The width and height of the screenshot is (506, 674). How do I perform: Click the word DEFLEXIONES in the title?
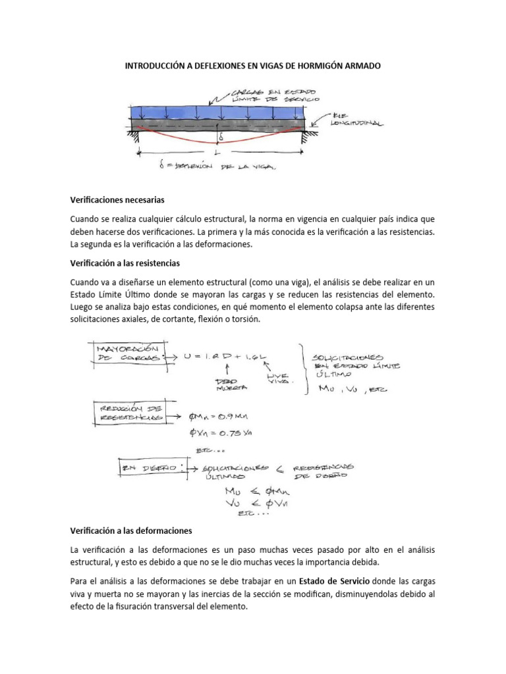pyautogui.click(x=209, y=66)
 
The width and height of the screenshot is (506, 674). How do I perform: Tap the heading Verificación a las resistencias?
pyautogui.click(x=124, y=263)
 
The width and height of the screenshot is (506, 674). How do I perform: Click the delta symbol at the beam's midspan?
pyautogui.click(x=222, y=137)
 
